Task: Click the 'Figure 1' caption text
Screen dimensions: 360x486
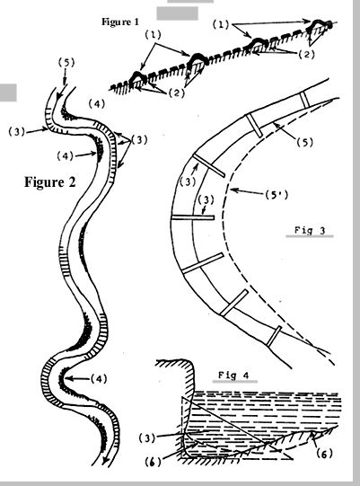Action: coord(120,22)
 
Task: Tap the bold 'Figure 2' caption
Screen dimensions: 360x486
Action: coord(50,182)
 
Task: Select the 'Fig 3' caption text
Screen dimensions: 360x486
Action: coord(310,231)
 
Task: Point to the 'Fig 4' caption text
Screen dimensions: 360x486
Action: coord(233,376)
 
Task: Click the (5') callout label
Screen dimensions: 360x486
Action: coord(277,195)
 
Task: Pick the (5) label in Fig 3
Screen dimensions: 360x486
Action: coord(305,142)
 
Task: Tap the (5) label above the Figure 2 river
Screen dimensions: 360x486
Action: coord(66,63)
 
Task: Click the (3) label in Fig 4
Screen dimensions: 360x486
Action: coord(147,438)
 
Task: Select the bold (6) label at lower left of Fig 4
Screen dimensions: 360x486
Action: coord(153,462)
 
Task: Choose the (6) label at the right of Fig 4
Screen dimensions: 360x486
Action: coord(325,454)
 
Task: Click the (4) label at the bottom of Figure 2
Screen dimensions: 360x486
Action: coord(99,379)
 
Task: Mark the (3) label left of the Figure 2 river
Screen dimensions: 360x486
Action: coord(16,132)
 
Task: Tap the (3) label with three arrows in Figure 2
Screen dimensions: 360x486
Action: coord(139,140)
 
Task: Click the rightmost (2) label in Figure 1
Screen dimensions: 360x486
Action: coord(306,55)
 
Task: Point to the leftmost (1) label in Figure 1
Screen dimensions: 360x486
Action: coord(153,35)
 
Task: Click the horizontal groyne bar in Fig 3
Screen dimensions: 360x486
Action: coord(193,217)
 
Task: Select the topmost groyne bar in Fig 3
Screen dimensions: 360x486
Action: coord(304,100)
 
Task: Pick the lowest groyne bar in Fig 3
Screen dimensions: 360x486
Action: coord(274,336)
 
